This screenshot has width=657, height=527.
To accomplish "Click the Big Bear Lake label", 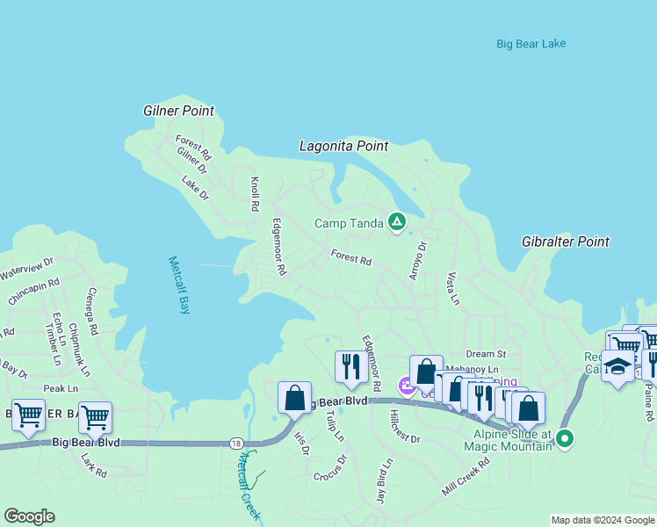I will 531,44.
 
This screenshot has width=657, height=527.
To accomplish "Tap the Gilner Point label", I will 178,112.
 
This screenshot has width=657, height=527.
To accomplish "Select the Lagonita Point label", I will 343,147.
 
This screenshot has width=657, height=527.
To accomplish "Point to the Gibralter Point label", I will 565,242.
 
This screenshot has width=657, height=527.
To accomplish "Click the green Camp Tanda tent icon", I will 397,223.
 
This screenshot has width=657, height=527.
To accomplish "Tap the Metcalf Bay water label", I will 179,285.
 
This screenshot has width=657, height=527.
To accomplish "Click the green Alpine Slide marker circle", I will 565,437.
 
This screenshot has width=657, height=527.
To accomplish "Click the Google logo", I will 29,516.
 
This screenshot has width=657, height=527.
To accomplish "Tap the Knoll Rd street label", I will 254,194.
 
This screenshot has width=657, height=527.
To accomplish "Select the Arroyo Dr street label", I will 416,261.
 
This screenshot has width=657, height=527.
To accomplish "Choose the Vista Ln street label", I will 452,287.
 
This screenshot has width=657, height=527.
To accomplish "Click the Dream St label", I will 487,353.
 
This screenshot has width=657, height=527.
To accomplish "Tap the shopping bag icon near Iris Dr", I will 294,397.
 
